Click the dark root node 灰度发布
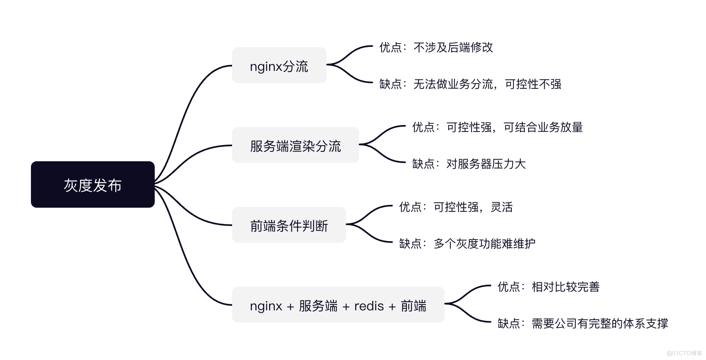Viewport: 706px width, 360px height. point(92,184)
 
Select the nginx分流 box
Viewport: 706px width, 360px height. point(279,66)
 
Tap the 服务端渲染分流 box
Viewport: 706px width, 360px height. point(295,145)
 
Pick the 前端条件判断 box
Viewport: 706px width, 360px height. point(289,225)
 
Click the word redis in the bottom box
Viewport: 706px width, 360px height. point(369,305)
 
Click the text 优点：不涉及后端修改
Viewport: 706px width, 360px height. point(436,48)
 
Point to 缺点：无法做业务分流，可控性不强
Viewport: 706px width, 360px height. point(470,84)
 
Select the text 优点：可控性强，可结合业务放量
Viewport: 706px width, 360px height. point(497,127)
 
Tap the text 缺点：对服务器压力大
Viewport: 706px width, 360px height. point(469,164)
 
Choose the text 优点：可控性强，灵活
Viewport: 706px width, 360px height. point(456,207)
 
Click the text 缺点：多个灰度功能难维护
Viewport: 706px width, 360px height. point(467,244)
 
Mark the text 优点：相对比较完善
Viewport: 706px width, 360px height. point(548,287)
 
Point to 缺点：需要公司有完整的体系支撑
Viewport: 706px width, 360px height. point(582,324)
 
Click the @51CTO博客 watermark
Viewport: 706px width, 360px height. point(684,353)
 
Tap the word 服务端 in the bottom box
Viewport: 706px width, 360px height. point(318,305)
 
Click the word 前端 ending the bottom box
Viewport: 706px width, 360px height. point(413,305)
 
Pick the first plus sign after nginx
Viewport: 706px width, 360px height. point(290,306)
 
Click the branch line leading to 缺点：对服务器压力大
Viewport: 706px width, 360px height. point(385,157)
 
